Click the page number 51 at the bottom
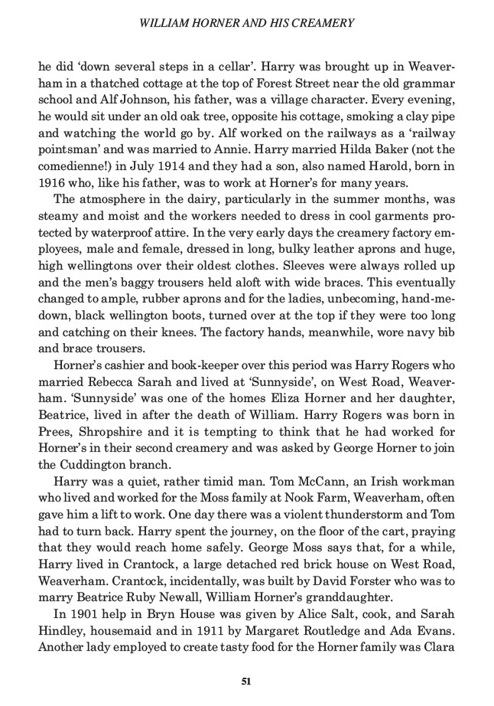coord(246,679)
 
